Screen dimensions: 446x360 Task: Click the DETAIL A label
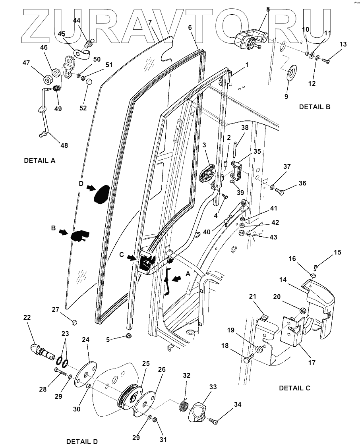point(40,161)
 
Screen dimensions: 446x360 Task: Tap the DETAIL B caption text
point(314,107)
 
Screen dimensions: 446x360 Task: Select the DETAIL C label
point(294,388)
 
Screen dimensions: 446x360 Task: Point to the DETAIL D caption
point(82,442)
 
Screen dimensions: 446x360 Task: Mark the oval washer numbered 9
point(292,73)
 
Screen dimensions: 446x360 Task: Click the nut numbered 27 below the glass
point(74,321)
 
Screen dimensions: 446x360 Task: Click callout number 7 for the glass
point(150,22)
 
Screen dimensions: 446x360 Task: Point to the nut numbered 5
point(128,337)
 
